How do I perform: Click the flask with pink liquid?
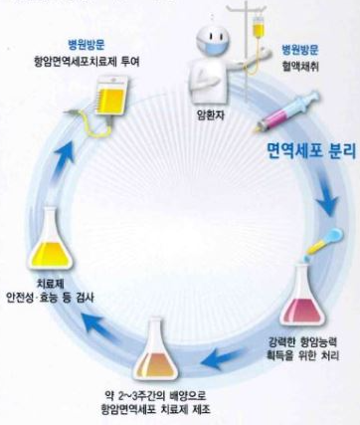click(302, 297)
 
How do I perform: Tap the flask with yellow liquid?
click(51, 239)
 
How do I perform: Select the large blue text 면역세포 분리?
click(311, 151)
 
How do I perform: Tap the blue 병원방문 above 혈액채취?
click(300, 50)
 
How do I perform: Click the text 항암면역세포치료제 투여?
click(87, 62)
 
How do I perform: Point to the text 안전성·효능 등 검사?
click(50, 298)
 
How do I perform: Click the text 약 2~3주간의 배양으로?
click(155, 395)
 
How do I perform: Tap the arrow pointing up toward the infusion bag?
click(64, 159)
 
